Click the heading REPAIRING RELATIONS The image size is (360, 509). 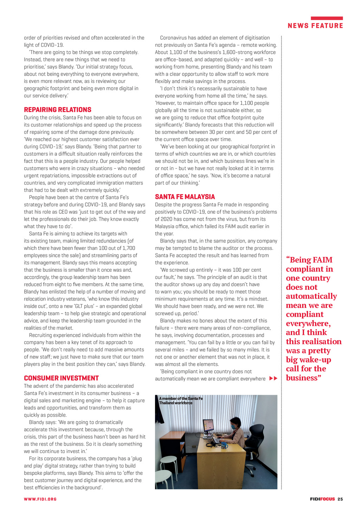(x=58, y=110)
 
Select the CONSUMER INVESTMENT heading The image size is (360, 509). (x=61, y=378)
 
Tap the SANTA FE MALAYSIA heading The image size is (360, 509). (x=185, y=197)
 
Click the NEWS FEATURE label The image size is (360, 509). (x=315, y=26)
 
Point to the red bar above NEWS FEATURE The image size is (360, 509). (x=327, y=18)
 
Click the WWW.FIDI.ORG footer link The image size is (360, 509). (x=40, y=499)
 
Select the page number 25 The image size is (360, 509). (x=340, y=499)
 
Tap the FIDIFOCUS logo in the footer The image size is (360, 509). (x=322, y=499)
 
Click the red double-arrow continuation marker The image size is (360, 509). (x=273, y=379)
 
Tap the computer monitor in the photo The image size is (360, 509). (x=208, y=426)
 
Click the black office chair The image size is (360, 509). (x=256, y=439)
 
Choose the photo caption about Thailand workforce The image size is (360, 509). (x=181, y=401)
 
